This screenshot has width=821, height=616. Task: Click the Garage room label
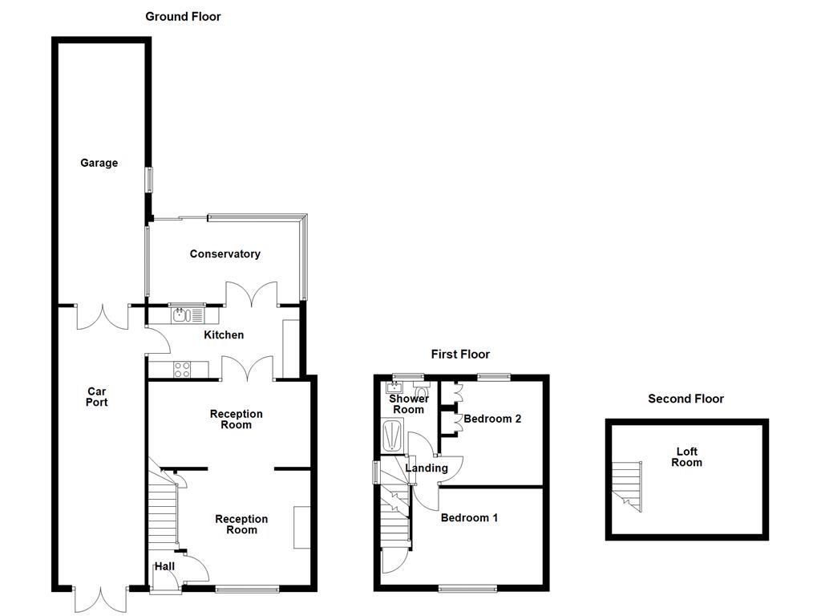(x=99, y=163)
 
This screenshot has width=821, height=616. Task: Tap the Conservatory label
(x=224, y=254)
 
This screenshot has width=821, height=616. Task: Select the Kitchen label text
(x=223, y=334)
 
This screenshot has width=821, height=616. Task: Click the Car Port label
(x=97, y=397)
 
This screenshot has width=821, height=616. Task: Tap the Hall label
(x=164, y=566)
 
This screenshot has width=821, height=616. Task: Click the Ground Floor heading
(x=183, y=16)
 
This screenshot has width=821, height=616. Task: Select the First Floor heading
(x=460, y=354)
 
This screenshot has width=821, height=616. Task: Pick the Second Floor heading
(x=686, y=399)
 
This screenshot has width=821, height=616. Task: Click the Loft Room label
(x=686, y=457)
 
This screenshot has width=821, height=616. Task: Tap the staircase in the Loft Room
(x=627, y=485)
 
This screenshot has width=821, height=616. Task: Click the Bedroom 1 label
(x=469, y=518)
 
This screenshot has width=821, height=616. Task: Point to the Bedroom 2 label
(x=492, y=419)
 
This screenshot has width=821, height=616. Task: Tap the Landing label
(x=426, y=468)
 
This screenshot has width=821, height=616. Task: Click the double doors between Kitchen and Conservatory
(x=251, y=294)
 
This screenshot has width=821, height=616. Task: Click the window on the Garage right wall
(x=148, y=180)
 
